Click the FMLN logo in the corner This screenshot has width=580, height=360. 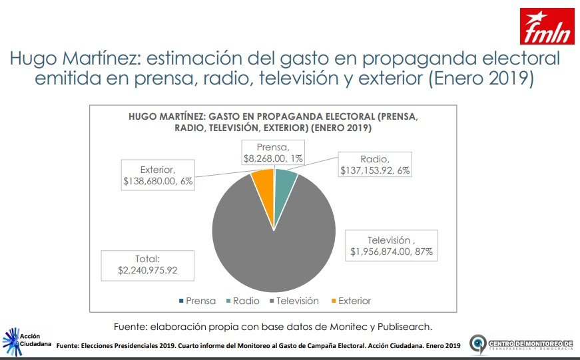tap(547, 26)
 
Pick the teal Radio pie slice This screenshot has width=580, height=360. tap(285, 180)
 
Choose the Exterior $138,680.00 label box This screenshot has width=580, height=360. tap(157, 175)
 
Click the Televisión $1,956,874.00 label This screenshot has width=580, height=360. tap(392, 246)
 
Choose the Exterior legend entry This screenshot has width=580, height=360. tap(350, 301)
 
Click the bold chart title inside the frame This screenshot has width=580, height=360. tap(273, 121)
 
